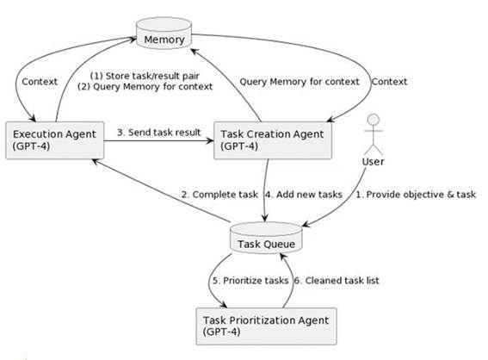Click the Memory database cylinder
164,33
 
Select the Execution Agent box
55,140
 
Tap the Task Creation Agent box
273,140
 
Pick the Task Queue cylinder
266,238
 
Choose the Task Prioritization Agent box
267,326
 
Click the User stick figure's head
374,119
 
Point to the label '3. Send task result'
158,133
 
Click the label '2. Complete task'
219,195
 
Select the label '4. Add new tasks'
304,195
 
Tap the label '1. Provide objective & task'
416,195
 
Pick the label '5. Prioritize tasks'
250,281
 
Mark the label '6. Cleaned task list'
337,281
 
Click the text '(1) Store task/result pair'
145,76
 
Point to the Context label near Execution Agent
40,82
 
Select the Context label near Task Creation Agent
389,82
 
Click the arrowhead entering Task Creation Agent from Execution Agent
210,140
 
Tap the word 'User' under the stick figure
374,162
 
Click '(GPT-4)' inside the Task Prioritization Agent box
221,332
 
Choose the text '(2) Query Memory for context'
145,87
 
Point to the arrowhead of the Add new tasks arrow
265,218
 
